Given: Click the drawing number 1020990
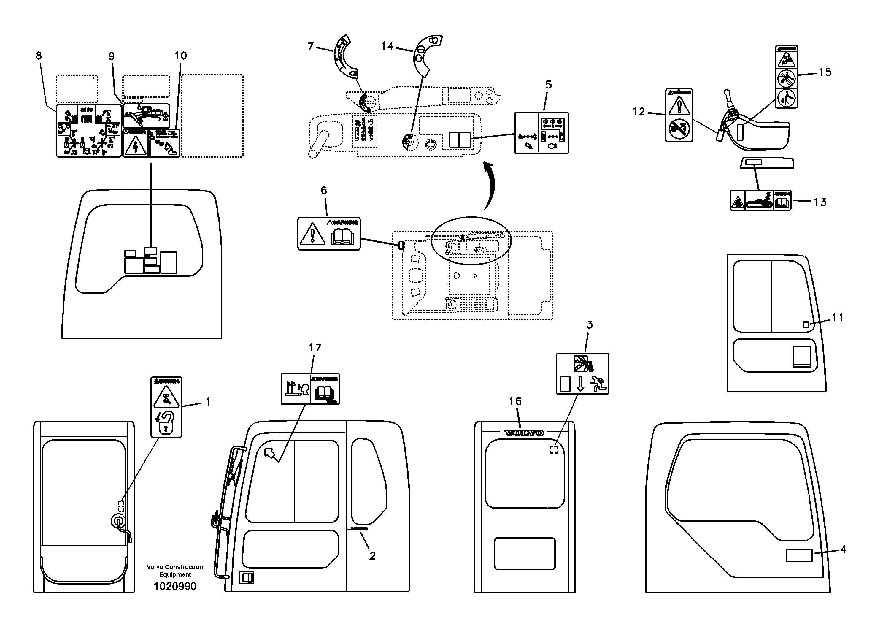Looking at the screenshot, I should [175, 586].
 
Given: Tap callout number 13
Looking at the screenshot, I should [820, 202].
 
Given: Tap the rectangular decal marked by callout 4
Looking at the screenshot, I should [799, 556].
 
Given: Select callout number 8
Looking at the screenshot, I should [39, 56].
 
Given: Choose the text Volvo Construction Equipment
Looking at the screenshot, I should [175, 571].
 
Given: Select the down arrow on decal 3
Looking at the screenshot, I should [580, 384].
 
